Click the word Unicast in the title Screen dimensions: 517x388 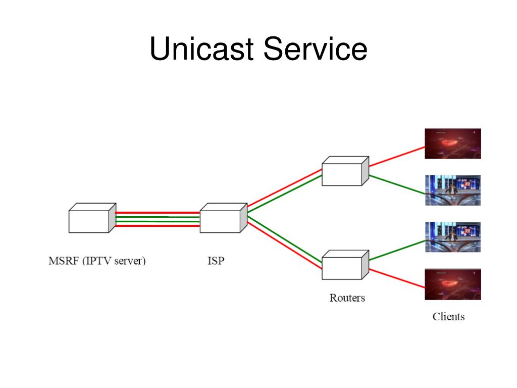tap(201, 48)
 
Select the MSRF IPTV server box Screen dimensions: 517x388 tap(92, 218)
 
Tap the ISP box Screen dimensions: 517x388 tap(224, 218)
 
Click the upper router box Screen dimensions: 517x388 tap(345, 171)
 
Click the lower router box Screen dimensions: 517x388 tap(345, 265)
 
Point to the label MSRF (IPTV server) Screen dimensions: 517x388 tap(97, 261)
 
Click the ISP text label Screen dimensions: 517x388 tap(216, 261)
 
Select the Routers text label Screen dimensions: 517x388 tap(347, 298)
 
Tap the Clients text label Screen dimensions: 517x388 tap(448, 316)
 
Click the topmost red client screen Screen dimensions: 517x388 tap(453, 143)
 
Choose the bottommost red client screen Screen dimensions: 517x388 tap(453, 284)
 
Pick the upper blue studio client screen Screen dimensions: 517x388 tap(453, 190)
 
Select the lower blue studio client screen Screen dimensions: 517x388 tap(453, 237)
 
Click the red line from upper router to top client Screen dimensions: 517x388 tap(397, 157)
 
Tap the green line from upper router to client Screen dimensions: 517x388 tap(397, 185)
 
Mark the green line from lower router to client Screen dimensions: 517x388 tap(397, 251)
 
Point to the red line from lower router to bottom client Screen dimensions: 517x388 tap(397, 278)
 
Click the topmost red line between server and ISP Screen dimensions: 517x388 tap(158, 213)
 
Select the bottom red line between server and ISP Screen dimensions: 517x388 tap(158, 226)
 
